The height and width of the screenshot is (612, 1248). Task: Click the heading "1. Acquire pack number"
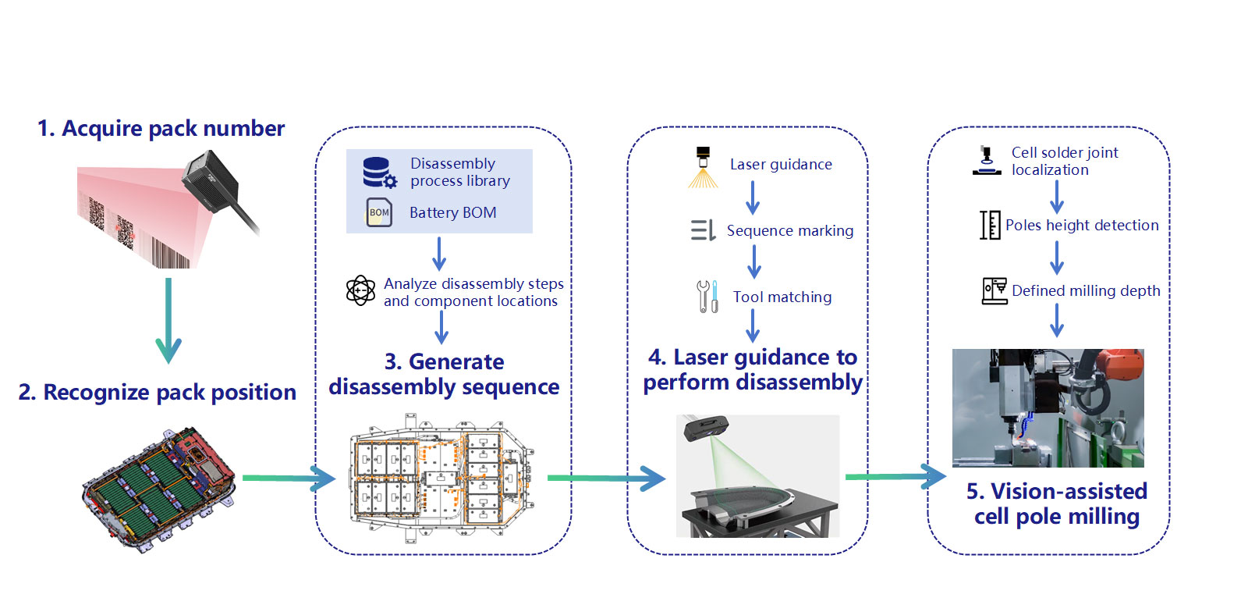click(x=161, y=129)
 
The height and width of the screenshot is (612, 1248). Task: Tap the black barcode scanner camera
click(x=211, y=181)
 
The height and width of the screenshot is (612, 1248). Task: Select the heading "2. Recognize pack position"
click(x=157, y=393)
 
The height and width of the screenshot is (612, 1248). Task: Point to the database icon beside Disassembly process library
click(x=380, y=173)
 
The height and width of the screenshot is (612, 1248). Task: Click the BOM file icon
click(x=379, y=212)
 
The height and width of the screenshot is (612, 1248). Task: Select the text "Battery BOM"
click(x=453, y=213)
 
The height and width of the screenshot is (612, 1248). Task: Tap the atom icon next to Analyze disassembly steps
click(x=360, y=290)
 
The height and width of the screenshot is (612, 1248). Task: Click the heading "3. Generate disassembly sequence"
click(x=444, y=375)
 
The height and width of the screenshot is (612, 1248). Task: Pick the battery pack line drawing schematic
click(x=441, y=477)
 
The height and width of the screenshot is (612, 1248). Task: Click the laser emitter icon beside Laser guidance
click(x=703, y=167)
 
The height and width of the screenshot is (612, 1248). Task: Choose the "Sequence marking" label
click(x=790, y=231)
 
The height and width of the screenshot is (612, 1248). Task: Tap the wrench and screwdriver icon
click(x=707, y=297)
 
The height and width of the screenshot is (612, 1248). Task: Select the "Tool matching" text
click(x=782, y=297)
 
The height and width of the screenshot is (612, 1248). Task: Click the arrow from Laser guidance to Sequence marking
click(x=753, y=197)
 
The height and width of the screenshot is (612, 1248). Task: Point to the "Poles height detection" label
click(x=1082, y=225)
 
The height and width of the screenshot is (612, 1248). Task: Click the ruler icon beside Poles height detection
click(x=990, y=225)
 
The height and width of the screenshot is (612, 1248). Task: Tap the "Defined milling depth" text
click(x=1086, y=291)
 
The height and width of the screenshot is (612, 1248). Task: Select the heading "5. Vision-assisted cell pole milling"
click(x=1057, y=503)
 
